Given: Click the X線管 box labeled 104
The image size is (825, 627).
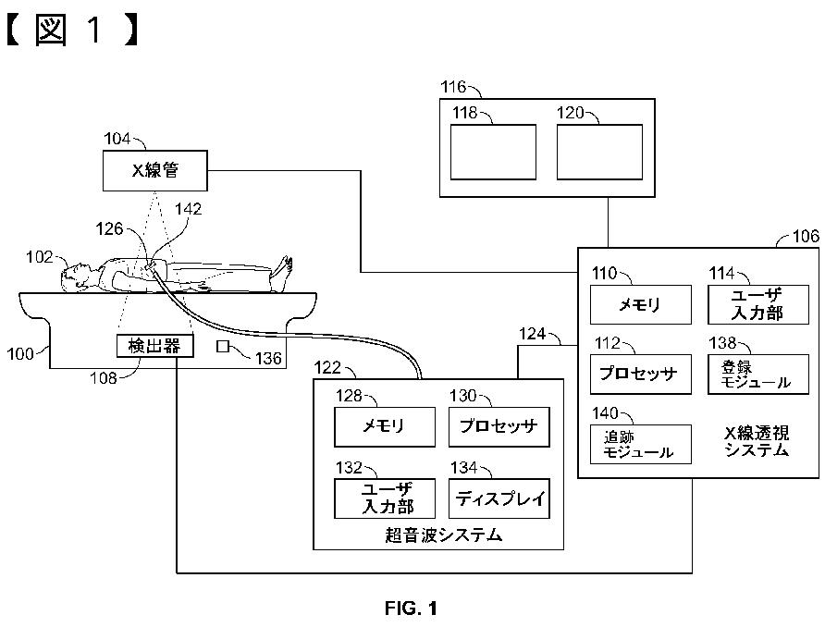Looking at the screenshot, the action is pos(154,170).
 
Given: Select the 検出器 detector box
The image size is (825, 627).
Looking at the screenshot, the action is pos(154,346).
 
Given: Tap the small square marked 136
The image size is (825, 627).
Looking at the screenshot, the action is pos(223,346).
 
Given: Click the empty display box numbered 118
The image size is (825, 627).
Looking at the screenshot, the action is pos(493,152).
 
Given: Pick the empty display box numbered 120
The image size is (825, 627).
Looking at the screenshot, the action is pos(599,152).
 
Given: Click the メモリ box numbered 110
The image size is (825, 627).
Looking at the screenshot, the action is pos(640,304).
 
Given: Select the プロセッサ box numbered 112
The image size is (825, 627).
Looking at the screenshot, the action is pos(640,374).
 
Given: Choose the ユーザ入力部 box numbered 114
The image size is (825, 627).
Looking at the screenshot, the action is pos(758,304).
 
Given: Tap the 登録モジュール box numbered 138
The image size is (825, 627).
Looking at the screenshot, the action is pos(758,374).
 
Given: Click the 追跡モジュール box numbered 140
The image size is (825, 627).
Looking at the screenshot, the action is pos(640,445).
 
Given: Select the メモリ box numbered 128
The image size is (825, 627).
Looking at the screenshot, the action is pos(385,426).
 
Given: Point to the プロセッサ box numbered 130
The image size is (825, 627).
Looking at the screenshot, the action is pos(499,426).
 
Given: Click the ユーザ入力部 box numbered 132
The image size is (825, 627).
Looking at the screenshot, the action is pos(385,498).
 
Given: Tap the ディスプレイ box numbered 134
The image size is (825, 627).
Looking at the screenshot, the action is pos(499,498).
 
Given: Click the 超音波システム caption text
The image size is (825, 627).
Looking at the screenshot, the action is pos(444,535).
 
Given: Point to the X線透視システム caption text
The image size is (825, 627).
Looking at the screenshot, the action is pos(757,441).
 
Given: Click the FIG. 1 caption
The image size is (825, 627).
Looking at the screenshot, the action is pos(411,609).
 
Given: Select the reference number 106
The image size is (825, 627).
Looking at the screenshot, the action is pos(806,236).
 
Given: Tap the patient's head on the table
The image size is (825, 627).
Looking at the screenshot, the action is pos(75,275).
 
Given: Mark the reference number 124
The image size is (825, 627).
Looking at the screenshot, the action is pos(532,334).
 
